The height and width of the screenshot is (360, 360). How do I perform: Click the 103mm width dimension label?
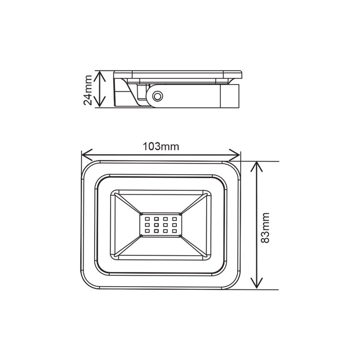161,147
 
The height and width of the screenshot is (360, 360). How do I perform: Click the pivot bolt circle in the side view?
157,96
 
